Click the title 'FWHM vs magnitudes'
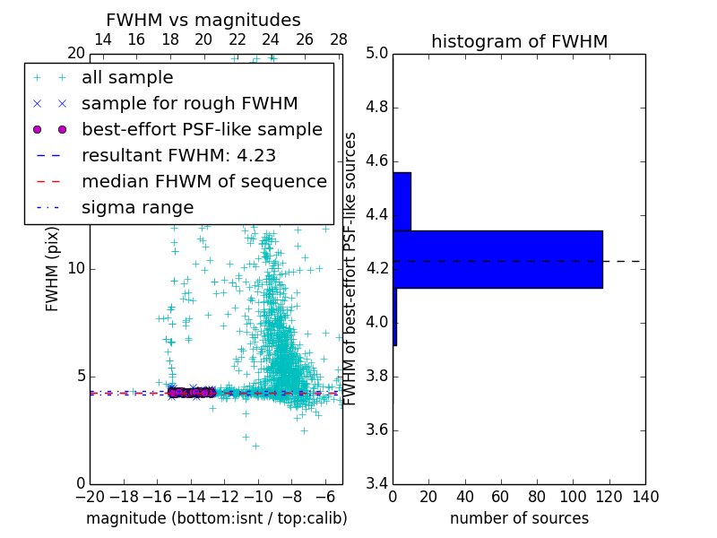(x=203, y=21)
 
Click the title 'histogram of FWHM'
(x=519, y=41)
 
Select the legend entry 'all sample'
(x=127, y=78)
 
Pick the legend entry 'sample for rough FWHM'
(x=177, y=104)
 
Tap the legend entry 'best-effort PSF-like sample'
(x=202, y=130)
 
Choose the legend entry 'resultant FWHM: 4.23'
(x=178, y=156)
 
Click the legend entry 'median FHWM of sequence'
(x=203, y=182)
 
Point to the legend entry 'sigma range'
(x=137, y=208)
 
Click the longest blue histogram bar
(x=497, y=259)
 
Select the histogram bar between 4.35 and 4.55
(x=402, y=201)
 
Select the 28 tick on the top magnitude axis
(x=339, y=39)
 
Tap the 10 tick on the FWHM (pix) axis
(x=75, y=268)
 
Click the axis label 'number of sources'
(x=519, y=519)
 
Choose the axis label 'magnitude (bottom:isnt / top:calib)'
(x=216, y=519)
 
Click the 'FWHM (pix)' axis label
(x=53, y=268)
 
